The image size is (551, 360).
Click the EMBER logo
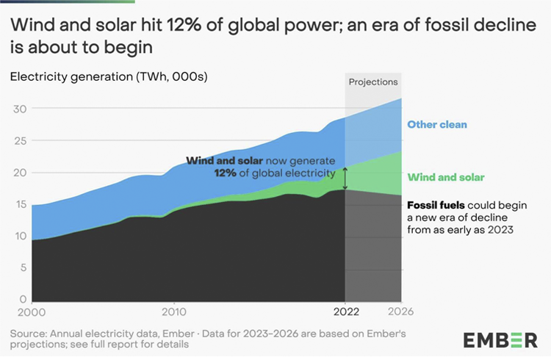coord(500,340)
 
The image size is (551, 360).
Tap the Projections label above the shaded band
coord(373,82)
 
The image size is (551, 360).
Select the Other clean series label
coord(437,124)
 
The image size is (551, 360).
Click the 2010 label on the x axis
coord(173,312)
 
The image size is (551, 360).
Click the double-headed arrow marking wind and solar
coord(344,178)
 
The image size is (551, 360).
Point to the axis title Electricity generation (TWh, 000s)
coord(109,76)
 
